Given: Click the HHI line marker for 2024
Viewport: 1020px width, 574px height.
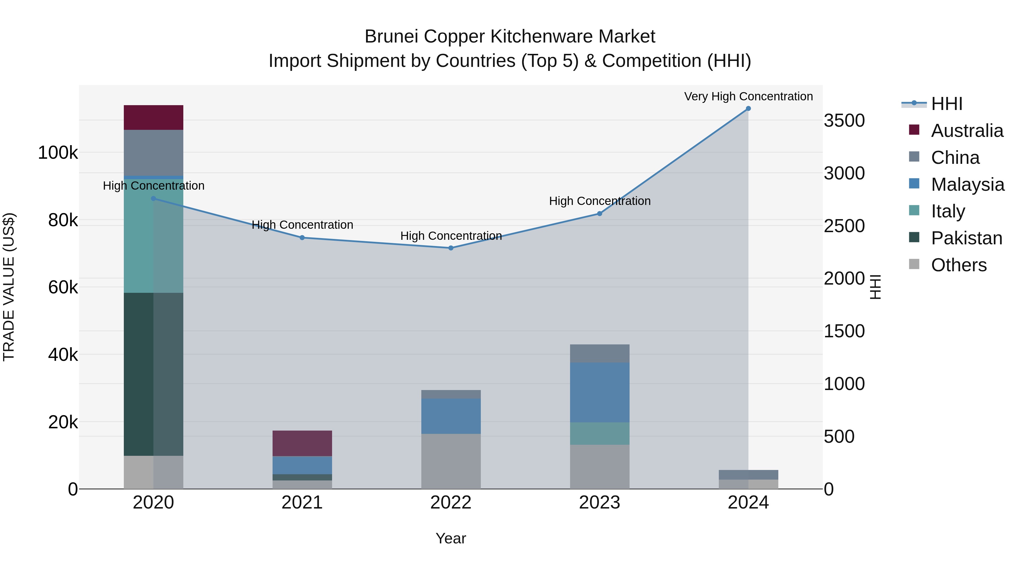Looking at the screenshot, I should point(748,109).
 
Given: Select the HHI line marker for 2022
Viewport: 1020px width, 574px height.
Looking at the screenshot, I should point(450,248).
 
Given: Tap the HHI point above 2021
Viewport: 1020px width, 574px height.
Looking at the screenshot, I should point(302,238).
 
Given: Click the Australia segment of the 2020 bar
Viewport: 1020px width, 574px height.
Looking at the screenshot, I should point(153,118).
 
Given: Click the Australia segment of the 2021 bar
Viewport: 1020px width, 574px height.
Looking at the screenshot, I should point(302,443).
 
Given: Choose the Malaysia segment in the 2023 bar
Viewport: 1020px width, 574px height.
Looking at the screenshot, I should point(600,392).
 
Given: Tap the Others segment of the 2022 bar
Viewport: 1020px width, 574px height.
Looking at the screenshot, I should point(450,461).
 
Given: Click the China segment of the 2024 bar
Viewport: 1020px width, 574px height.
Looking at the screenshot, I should point(748,475).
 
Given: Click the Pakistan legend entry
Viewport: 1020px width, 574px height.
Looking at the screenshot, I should point(966,238).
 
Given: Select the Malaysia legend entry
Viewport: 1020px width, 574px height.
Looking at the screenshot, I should point(967,185).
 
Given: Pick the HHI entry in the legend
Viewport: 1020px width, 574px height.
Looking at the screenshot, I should point(946,104).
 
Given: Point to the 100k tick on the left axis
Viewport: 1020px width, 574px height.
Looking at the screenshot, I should point(58,153).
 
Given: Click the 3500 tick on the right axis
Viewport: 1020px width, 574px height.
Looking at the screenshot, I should point(844,120).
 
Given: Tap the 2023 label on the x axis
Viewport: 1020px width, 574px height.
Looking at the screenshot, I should point(600,503).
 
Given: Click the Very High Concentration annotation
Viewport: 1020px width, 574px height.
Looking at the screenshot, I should point(748,97).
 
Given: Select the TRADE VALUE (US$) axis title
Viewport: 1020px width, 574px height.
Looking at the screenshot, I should point(9,287).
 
